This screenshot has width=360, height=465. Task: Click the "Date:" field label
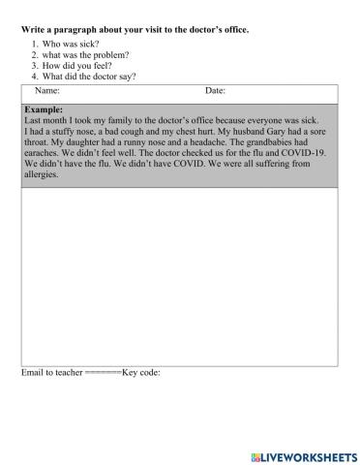[x=215, y=91]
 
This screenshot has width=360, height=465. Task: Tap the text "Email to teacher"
[x=51, y=372]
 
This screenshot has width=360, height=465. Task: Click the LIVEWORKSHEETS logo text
[x=306, y=455]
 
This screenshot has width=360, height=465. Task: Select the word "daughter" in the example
[x=78, y=142]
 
